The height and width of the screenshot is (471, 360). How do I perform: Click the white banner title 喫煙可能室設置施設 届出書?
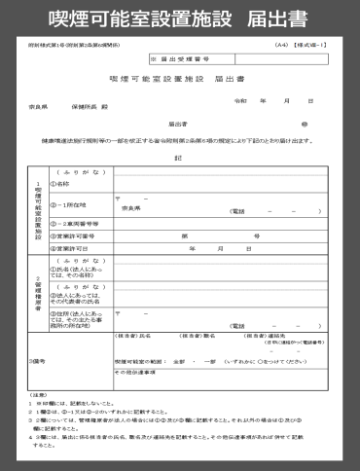pyautogui.click(x=179, y=18)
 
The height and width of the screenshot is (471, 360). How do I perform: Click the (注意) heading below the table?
pyautogui.click(x=42, y=393)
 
